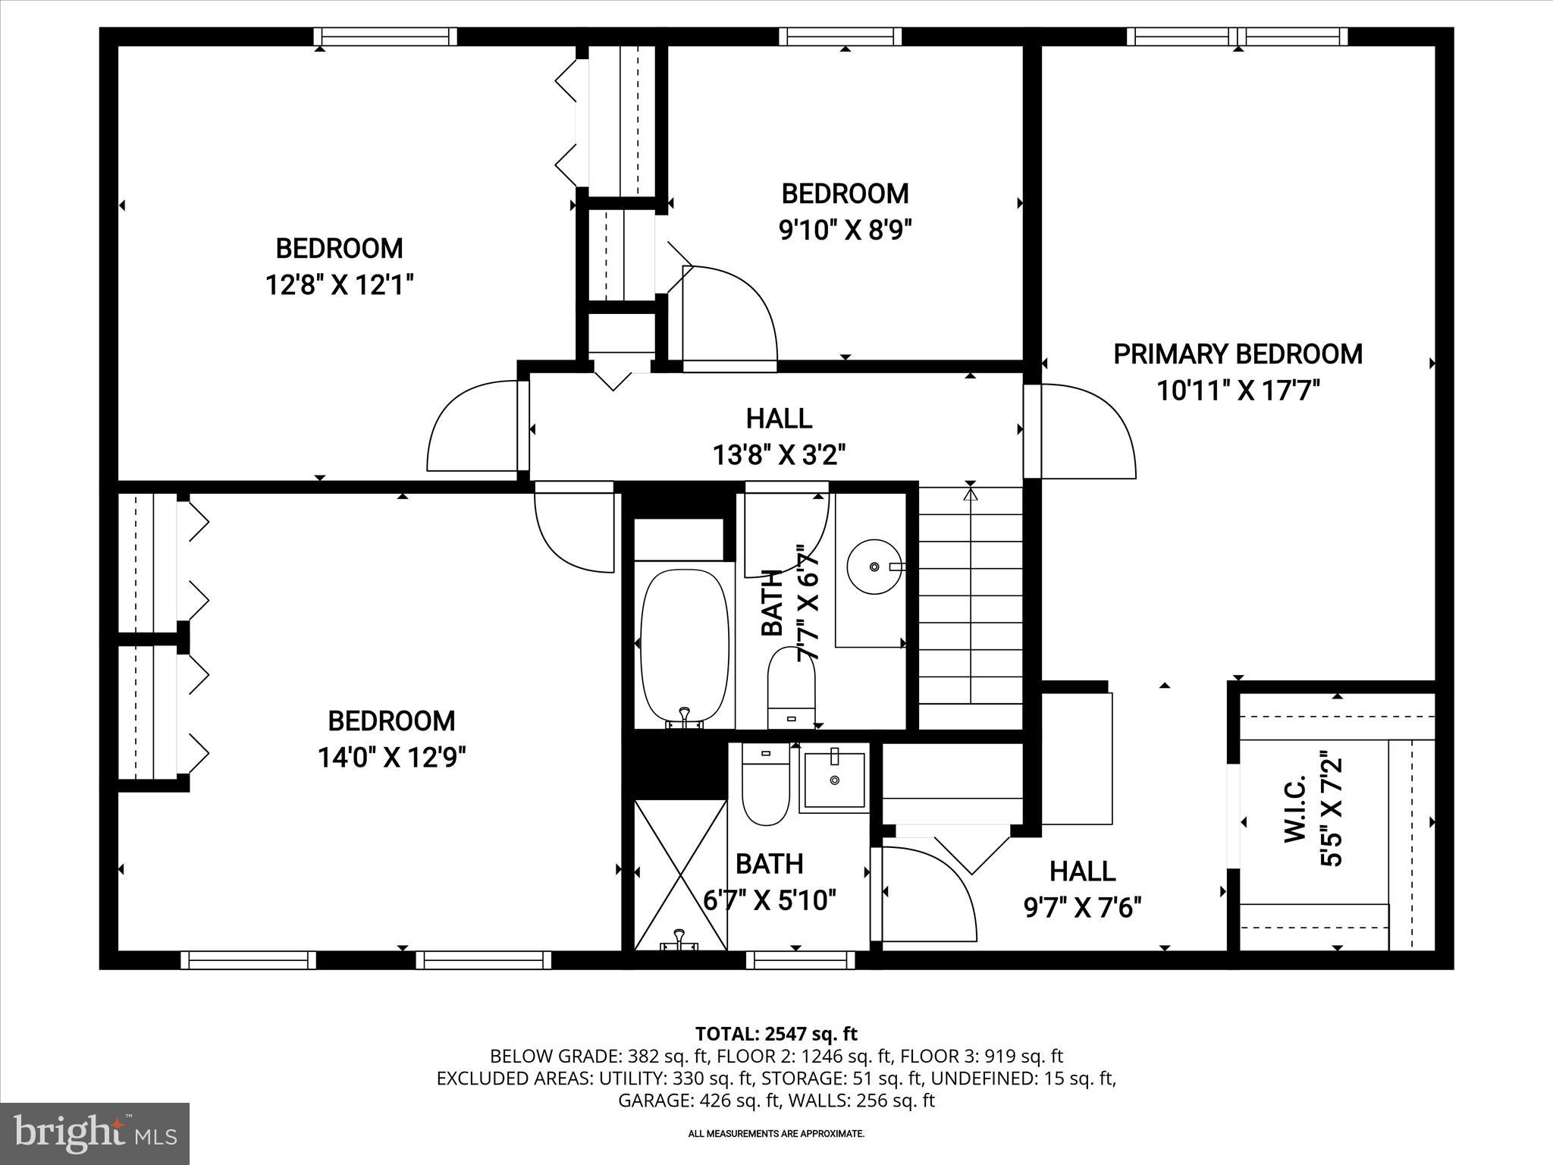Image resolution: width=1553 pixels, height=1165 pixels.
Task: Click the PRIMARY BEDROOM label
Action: pos(1237,354)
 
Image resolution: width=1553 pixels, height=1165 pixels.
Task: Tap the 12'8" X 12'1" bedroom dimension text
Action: pos(339,285)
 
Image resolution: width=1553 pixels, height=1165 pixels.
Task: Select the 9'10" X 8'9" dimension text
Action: pos(845,229)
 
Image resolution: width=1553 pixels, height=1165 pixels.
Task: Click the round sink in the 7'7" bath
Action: pos(874,567)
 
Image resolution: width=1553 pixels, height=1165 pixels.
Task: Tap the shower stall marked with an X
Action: pos(680,873)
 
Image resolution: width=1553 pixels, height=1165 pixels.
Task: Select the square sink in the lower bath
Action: pos(834,780)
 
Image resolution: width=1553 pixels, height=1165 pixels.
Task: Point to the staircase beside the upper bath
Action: pos(971,607)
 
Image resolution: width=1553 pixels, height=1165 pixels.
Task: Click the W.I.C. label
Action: pos(1294,808)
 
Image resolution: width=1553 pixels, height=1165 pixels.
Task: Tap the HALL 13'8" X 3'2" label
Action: pos(779,436)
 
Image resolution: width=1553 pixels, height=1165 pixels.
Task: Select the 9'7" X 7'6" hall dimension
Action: pos(1083,907)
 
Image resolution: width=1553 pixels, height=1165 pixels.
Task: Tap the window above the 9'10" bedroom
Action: pos(840,36)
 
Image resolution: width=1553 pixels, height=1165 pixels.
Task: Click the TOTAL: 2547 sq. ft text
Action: pos(776,1034)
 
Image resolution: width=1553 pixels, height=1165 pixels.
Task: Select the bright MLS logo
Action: pos(95,1133)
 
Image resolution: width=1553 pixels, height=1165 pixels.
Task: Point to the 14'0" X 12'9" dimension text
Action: pos(391,757)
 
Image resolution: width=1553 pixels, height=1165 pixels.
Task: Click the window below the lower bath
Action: pos(800,960)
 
